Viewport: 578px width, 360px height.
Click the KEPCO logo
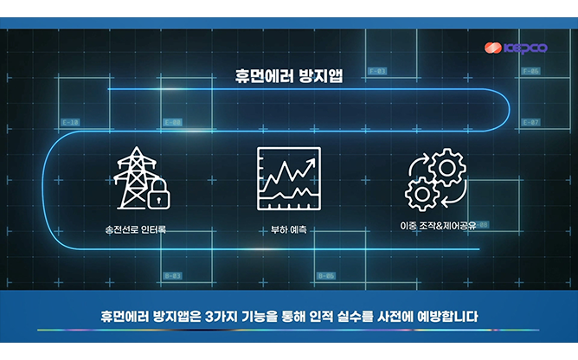516,49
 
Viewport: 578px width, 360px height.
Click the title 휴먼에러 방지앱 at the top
288,75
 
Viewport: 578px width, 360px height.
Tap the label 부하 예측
289,231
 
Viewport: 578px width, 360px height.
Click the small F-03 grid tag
377,71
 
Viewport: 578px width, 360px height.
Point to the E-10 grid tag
71,122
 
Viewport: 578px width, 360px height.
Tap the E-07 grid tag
530,122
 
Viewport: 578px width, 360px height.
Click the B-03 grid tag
172,275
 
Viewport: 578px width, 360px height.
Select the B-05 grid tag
325,275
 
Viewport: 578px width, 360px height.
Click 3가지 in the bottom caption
228,315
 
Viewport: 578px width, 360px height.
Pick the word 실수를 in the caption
355,315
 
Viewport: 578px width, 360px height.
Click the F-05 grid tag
530,71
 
